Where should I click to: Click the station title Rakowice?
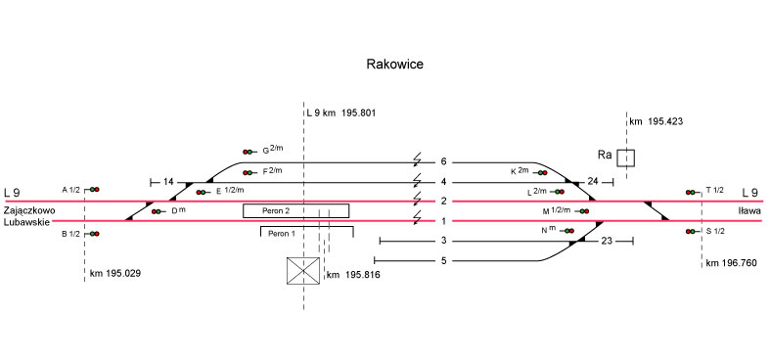pyautogui.click(x=395, y=65)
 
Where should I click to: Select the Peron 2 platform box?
pyautogui.click(x=296, y=210)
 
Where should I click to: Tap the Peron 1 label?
pyautogui.click(x=282, y=234)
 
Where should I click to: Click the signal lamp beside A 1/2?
pyautogui.click(x=94, y=190)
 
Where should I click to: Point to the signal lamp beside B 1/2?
pyautogui.click(x=94, y=234)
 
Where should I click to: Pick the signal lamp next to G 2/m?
pyautogui.click(x=249, y=153)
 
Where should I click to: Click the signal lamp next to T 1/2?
pyautogui.click(x=692, y=192)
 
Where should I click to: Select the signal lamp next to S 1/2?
pyautogui.click(x=692, y=231)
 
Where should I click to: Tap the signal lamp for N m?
pyautogui.click(x=568, y=231)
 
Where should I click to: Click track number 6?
pyautogui.click(x=444, y=162)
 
